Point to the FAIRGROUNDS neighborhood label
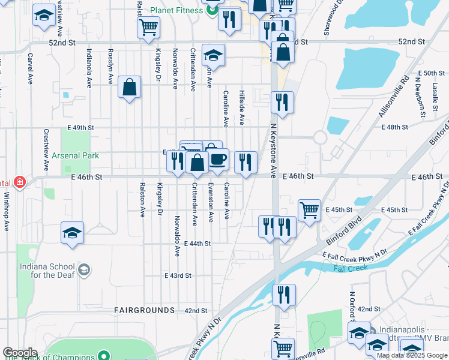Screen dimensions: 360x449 pos(145,310)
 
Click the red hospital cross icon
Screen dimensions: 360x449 pos(19,182)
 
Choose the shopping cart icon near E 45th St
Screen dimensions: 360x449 pos(309,211)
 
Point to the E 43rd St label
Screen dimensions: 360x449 pos(178,275)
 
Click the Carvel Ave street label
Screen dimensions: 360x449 pos(29,70)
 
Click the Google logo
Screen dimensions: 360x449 pos(20,353)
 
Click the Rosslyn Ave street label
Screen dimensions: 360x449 pos(110,66)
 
